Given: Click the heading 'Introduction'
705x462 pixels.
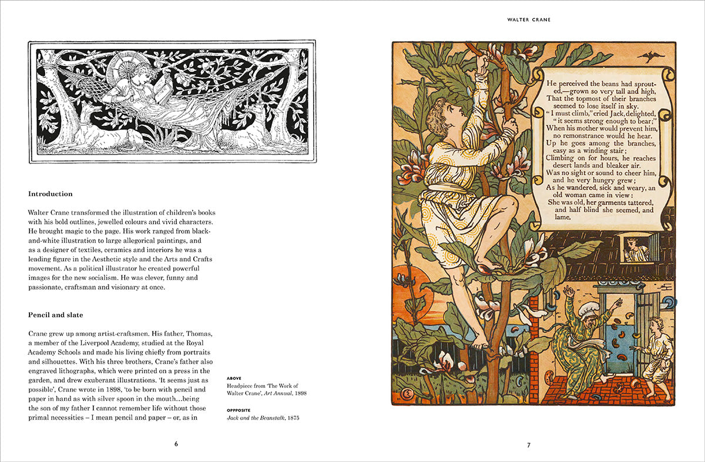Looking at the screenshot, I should tap(51, 194).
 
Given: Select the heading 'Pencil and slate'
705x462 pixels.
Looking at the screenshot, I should tap(56, 315).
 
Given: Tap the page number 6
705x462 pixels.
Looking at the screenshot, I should tap(176, 444).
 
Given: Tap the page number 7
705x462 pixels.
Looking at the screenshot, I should tap(528, 445).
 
